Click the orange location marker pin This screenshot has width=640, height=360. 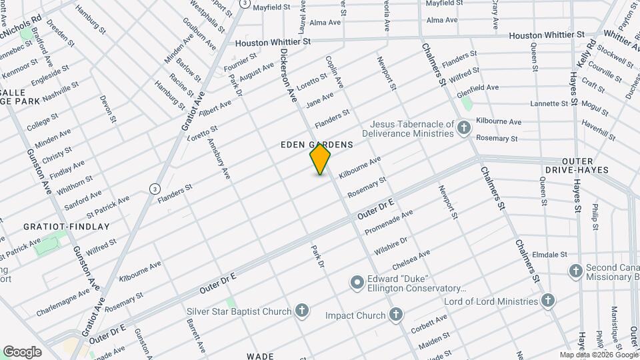click(320, 159)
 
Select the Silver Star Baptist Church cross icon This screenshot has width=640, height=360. click(302, 311)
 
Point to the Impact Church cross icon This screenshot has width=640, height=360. click(396, 315)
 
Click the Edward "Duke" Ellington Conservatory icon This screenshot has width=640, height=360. click(357, 283)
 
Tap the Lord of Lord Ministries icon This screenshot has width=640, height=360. click(547, 300)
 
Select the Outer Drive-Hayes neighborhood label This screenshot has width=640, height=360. click(585, 165)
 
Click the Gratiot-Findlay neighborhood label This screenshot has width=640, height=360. click(67, 227)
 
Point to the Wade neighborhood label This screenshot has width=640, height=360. click(260, 356)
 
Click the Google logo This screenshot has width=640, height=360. click(22, 352)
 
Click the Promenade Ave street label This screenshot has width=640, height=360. click(389, 222)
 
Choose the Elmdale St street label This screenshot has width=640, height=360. click(549, 254)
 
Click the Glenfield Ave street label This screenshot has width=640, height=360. click(478, 88)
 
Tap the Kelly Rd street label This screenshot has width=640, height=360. click(587, 52)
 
